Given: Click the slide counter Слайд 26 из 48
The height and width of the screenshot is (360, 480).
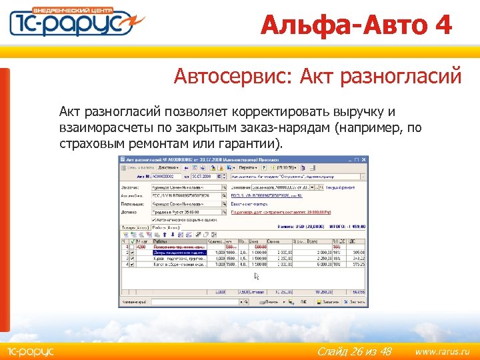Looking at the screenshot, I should (354, 351).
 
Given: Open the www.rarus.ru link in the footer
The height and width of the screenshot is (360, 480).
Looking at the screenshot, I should (442, 351).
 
